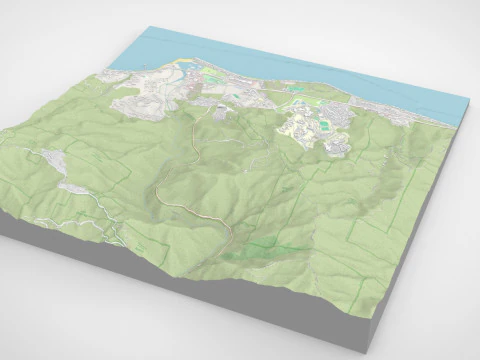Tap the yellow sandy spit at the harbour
point(185,67)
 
